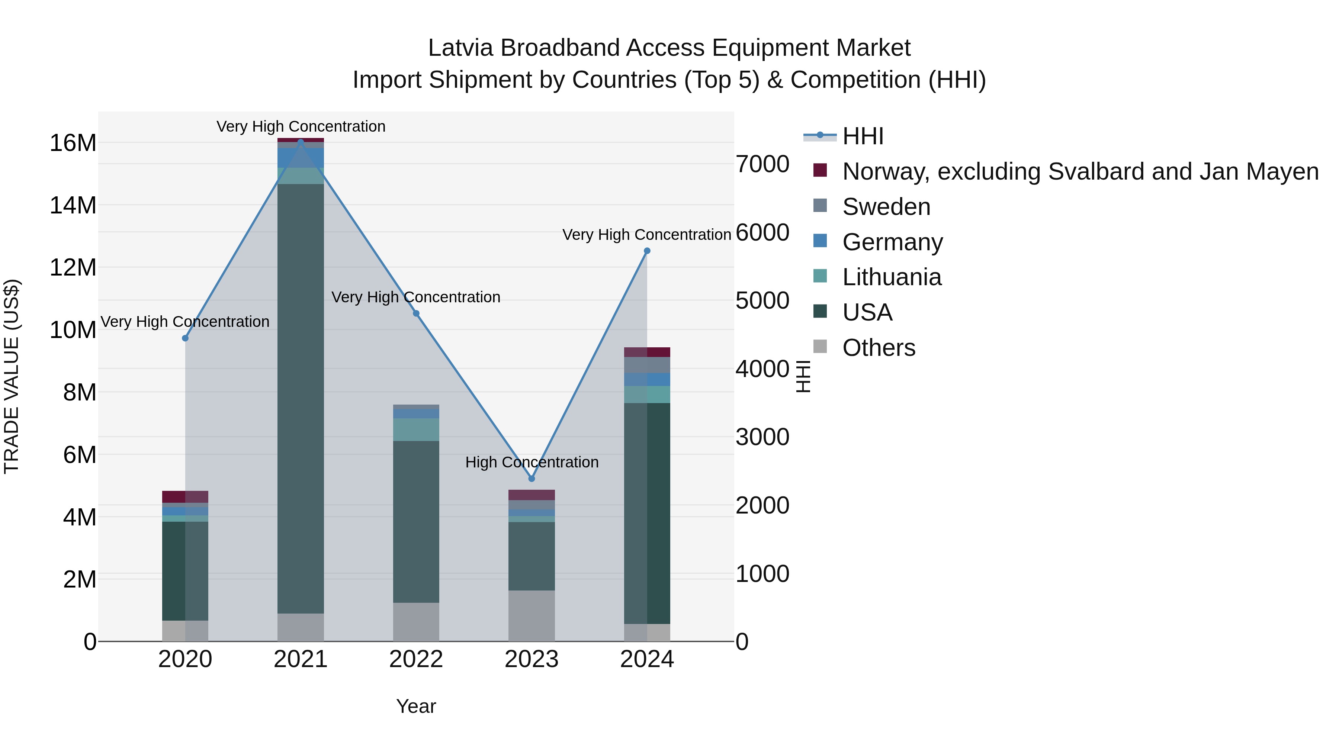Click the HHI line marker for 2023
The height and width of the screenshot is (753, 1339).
coord(531,479)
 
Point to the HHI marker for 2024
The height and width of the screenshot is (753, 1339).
coord(647,251)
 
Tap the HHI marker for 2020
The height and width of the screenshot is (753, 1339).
coord(185,338)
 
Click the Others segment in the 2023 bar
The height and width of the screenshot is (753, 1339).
coord(531,616)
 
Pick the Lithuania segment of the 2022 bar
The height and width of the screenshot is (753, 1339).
coord(416,430)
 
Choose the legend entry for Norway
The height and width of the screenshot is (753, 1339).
coord(1080,171)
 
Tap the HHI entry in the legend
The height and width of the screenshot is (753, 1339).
coord(863,136)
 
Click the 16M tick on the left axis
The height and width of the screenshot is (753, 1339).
coord(73,143)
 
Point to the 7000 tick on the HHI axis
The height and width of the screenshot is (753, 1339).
coord(762,164)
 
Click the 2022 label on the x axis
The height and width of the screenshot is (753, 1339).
coord(416,659)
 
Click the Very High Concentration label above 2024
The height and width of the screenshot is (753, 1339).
coord(647,235)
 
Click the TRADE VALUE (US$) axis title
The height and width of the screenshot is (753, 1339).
coord(12,376)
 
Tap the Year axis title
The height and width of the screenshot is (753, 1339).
coord(416,706)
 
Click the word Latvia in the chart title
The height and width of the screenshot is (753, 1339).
coord(460,48)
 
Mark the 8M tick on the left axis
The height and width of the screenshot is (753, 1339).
coord(80,392)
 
